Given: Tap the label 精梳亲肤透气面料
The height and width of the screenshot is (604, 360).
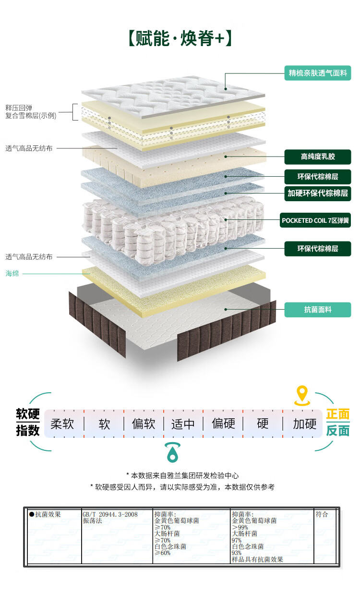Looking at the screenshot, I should tap(317, 73).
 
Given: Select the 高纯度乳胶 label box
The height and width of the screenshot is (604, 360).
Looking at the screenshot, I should tap(317, 157).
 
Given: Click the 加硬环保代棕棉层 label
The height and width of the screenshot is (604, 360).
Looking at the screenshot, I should tap(317, 193).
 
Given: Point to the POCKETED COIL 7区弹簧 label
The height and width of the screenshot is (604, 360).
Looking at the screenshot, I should tap(316, 221).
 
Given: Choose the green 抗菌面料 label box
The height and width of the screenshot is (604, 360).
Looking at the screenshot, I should tap(317, 310).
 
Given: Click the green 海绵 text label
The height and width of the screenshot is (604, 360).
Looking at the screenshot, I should tap(12, 273).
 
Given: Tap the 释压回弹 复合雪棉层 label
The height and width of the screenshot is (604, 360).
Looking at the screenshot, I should tap(31, 112).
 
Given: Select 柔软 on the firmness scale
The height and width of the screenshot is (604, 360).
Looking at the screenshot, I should tap(62, 424).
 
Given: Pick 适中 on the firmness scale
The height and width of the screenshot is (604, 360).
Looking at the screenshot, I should tap(183, 424).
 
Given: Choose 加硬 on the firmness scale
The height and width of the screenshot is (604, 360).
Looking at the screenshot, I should tap(305, 424).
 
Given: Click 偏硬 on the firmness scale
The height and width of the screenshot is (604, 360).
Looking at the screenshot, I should tap(224, 424).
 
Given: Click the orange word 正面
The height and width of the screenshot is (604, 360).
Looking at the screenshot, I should tap(338, 414).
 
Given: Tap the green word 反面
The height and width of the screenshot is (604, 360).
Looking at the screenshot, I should tap(338, 431).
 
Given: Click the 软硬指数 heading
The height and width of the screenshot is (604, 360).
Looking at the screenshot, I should tap(28, 423).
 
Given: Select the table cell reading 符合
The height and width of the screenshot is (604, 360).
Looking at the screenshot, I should tap(322, 514).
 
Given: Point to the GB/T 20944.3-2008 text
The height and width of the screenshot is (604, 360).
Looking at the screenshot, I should tap(110, 514).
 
